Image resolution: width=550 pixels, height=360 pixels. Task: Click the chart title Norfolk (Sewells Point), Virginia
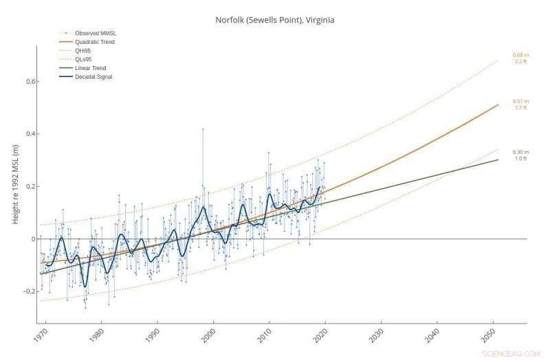[x=275, y=20]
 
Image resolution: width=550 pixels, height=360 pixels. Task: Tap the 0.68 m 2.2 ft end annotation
[x=520, y=58]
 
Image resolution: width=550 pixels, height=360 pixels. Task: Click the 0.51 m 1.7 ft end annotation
[x=520, y=104]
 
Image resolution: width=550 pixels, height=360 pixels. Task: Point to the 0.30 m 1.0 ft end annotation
[x=520, y=155]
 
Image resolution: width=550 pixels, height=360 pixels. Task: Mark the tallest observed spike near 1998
[x=203, y=129]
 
